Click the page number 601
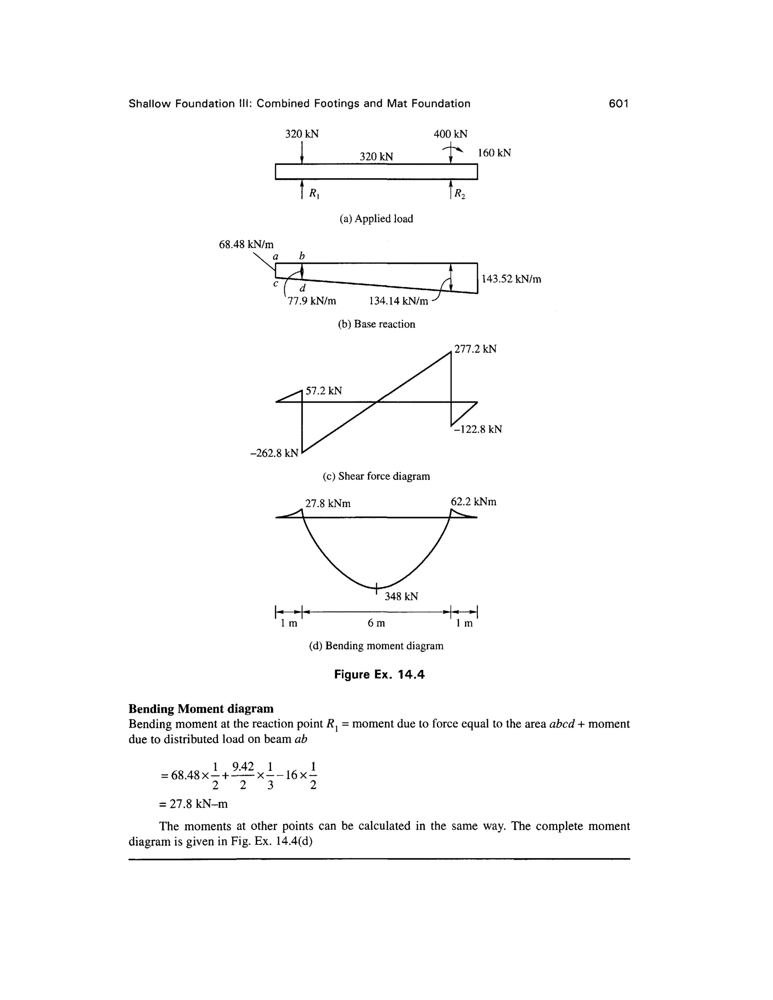[x=618, y=104]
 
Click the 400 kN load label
[x=451, y=134]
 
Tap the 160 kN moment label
[x=494, y=153]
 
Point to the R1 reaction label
[x=314, y=194]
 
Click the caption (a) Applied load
[x=376, y=219]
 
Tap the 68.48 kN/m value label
[x=246, y=245]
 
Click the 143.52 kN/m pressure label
[x=511, y=279]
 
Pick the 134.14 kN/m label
[x=399, y=301]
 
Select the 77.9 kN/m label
[x=311, y=301]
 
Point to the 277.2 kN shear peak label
[x=475, y=349]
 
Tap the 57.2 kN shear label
[x=324, y=391]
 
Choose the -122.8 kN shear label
[x=478, y=429]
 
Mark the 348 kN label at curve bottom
[x=401, y=596]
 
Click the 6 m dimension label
[x=376, y=623]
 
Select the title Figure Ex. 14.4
[x=379, y=674]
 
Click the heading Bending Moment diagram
[x=201, y=709]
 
